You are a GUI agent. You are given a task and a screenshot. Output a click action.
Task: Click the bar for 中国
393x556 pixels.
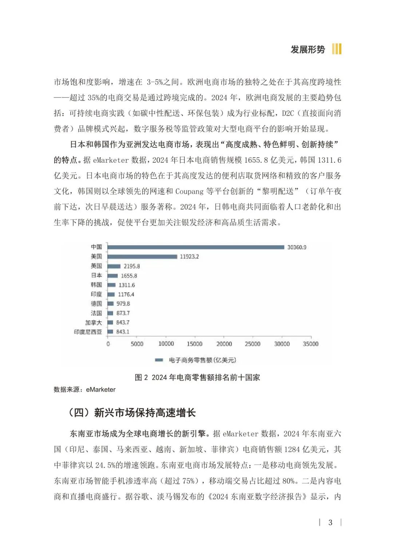click(x=196, y=247)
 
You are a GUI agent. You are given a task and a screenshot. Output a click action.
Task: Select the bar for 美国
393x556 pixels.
click(x=142, y=257)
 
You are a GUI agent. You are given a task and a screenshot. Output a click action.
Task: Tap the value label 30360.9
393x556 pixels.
click(x=297, y=247)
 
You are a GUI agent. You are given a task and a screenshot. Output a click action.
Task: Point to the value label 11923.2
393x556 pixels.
click(x=189, y=257)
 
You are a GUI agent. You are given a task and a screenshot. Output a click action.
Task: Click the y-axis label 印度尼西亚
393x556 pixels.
click(x=88, y=332)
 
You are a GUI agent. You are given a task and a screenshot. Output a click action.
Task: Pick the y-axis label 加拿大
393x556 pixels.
click(x=94, y=322)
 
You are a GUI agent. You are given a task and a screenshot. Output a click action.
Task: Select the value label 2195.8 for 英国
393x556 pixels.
click(x=132, y=266)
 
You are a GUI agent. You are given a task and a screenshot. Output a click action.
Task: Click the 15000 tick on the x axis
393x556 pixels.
click(x=195, y=344)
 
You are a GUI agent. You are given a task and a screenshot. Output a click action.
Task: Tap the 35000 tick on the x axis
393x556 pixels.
click(x=310, y=344)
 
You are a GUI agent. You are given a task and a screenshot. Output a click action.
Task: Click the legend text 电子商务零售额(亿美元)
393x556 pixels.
click(x=202, y=360)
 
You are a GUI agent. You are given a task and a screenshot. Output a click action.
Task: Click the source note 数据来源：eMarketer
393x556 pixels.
click(x=84, y=390)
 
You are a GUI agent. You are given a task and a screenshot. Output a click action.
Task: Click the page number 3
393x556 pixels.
click(x=330, y=523)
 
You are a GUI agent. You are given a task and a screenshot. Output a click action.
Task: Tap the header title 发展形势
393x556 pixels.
click(x=307, y=49)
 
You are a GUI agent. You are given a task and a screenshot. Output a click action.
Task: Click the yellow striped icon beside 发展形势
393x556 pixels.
click(x=337, y=49)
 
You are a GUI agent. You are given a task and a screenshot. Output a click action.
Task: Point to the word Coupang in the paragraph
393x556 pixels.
click(x=189, y=191)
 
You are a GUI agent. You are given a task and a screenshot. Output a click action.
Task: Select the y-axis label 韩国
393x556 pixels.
click(x=96, y=285)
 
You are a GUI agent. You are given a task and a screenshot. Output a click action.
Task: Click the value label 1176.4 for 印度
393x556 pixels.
click(x=126, y=294)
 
